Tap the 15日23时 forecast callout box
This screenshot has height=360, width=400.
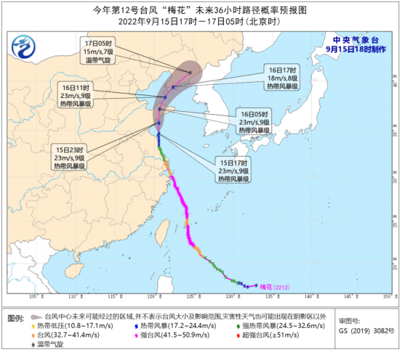pyautogui.click(x=68, y=158)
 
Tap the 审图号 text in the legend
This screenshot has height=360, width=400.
pyautogui.click(x=349, y=321)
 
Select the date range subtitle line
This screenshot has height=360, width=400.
pyautogui.click(x=200, y=21)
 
